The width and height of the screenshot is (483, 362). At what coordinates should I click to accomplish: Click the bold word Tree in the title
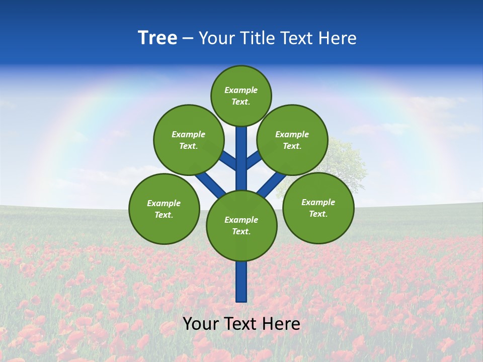pos(157,38)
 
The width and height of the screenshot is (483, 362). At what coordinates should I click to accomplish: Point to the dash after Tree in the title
pos(188,39)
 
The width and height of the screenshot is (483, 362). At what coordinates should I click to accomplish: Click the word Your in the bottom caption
pos(201,324)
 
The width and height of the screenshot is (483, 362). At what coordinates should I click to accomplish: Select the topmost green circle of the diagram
pos(241,96)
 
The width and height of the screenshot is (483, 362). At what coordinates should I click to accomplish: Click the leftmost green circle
pos(164,209)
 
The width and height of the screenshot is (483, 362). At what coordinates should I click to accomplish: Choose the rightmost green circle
pos(318,208)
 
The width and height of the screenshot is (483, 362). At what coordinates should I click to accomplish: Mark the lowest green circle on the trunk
pos(242,225)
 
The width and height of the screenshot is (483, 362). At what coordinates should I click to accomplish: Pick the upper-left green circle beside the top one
pos(188,140)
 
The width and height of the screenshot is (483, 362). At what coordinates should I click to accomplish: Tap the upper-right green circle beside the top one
pos(292,140)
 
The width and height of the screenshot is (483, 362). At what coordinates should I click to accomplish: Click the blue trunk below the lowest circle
pos(242,282)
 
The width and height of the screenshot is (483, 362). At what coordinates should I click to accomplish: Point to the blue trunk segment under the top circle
pos(242,151)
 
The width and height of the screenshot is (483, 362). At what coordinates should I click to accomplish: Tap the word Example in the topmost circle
pos(241,90)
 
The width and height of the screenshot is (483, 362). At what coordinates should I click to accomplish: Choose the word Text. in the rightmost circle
pos(318,214)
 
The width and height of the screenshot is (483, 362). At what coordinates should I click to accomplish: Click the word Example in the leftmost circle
pos(164,203)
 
